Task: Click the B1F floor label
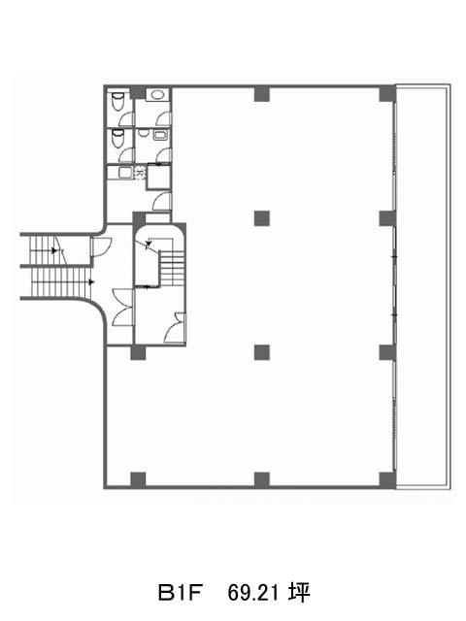[x=181, y=593]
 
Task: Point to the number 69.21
[x=252, y=593]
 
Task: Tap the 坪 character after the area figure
[x=299, y=593]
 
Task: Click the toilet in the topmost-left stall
[x=117, y=101]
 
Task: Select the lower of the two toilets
[x=117, y=137]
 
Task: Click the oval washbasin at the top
[x=157, y=95]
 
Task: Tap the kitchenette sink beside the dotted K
[x=125, y=173]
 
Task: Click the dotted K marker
[x=140, y=174]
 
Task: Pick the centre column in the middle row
[x=261, y=218]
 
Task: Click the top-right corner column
[x=387, y=94]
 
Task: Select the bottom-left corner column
[x=138, y=479]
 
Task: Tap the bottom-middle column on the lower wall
[x=261, y=479]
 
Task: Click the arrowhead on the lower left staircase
[x=91, y=282]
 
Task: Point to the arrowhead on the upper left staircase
[x=54, y=250]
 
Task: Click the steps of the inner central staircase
[x=172, y=268]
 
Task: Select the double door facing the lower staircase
[x=122, y=308]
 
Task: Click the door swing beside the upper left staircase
[x=101, y=247]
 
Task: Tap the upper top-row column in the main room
[x=261, y=94]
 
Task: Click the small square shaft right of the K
[x=158, y=176]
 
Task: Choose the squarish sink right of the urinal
[x=160, y=135]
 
